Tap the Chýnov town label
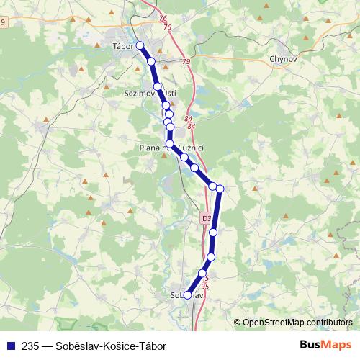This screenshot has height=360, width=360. tap(282, 59)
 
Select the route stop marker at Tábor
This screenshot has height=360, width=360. tap(140, 46)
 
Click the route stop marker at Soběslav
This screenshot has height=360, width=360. tap(187, 294)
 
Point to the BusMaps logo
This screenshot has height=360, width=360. tap(320, 343)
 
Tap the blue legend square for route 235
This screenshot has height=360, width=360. tap(10, 344)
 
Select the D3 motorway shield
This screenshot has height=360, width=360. tap(207, 217)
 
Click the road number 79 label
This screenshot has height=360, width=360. tap(186, 62)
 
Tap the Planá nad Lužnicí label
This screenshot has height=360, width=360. tap(173, 148)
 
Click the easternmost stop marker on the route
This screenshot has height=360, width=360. tap(220, 189)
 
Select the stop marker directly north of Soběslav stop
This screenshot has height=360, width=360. tap(202, 274)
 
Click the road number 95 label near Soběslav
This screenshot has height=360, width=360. tap(205, 286)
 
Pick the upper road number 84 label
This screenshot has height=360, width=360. tap(189, 119)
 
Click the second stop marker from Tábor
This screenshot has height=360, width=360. tap(151, 62)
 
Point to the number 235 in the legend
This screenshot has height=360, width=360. tap(30, 344)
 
